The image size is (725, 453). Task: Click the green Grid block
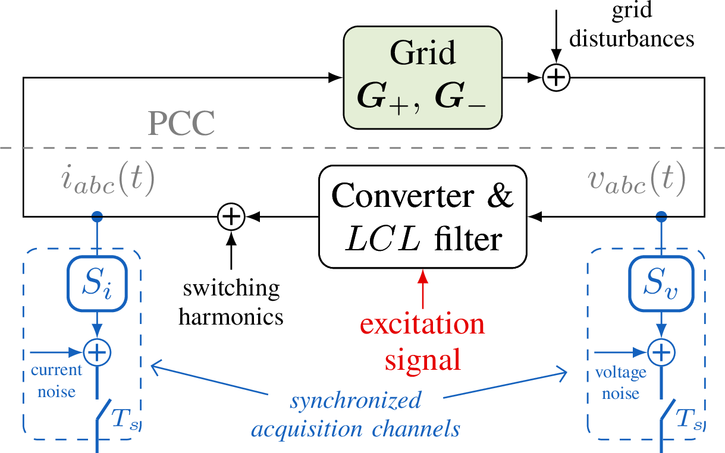tap(422, 77)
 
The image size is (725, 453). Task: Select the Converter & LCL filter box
tap(422, 217)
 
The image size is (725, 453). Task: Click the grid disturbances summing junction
tap(556, 77)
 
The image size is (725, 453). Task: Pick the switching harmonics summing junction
tap(231, 216)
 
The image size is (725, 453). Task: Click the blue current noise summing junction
tap(96, 352)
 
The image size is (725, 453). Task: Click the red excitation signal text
tap(422, 342)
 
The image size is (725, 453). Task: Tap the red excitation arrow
tap(422, 288)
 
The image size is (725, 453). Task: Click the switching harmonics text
tap(231, 303)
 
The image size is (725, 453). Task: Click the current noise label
tap(56, 380)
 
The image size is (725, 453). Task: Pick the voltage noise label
tap(620, 383)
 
